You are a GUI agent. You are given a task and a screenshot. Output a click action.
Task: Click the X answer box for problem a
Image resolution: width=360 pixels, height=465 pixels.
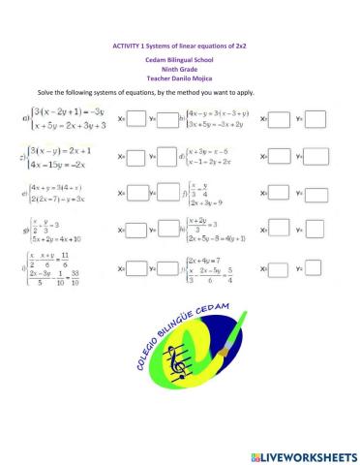(x=136, y=120)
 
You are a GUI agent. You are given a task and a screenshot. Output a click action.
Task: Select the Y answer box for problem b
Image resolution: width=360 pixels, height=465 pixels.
(x=314, y=119)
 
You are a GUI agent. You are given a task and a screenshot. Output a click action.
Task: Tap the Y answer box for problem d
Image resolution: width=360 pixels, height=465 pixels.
(x=314, y=157)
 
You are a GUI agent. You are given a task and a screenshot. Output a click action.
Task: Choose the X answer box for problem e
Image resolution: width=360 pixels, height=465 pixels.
(x=136, y=194)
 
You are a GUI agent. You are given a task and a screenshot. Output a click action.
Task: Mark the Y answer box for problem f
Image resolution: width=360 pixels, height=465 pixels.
(x=314, y=194)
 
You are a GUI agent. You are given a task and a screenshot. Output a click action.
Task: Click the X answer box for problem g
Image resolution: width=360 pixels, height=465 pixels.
(x=136, y=231)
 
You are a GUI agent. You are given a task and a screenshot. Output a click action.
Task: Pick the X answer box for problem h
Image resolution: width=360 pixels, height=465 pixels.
(x=279, y=231)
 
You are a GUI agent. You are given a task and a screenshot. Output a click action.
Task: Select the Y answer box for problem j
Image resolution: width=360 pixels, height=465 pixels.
(x=314, y=267)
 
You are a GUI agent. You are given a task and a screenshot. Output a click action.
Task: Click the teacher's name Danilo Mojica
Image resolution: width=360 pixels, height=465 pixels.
(x=194, y=77)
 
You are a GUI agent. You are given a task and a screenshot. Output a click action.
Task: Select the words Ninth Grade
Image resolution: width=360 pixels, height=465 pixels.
(x=180, y=68)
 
